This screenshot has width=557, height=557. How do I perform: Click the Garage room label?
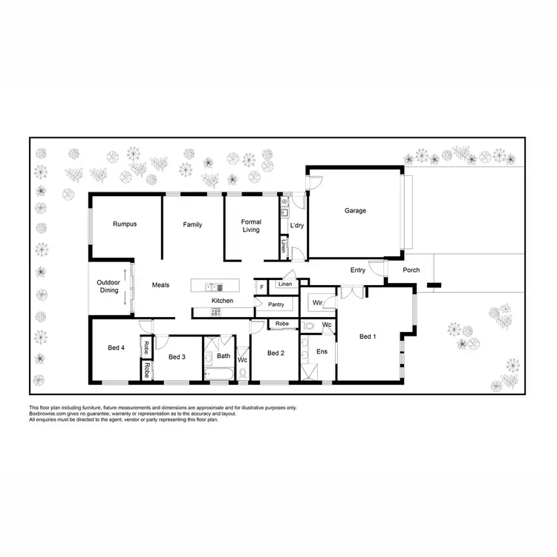click(355, 211)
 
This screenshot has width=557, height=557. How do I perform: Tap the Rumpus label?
click(125, 224)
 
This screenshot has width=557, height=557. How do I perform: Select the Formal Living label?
click(251, 226)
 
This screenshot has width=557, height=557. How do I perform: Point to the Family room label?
click(193, 225)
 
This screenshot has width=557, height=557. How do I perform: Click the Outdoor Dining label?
click(108, 286)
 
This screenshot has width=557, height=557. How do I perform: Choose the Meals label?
click(161, 285)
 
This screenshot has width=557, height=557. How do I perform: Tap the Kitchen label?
click(222, 301)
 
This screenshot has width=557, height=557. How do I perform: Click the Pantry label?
click(276, 304)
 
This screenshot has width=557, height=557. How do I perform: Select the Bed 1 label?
click(368, 337)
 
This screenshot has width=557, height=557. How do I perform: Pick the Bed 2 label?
click(276, 353)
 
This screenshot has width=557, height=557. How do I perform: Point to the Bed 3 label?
click(176, 357)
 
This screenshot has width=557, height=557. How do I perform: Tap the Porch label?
click(411, 270)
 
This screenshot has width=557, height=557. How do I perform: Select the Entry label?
click(358, 270)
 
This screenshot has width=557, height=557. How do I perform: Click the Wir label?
click(317, 303)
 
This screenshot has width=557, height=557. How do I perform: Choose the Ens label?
click(322, 351)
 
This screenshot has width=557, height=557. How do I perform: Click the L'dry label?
click(297, 225)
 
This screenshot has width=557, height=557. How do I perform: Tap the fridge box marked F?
click(261, 286)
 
